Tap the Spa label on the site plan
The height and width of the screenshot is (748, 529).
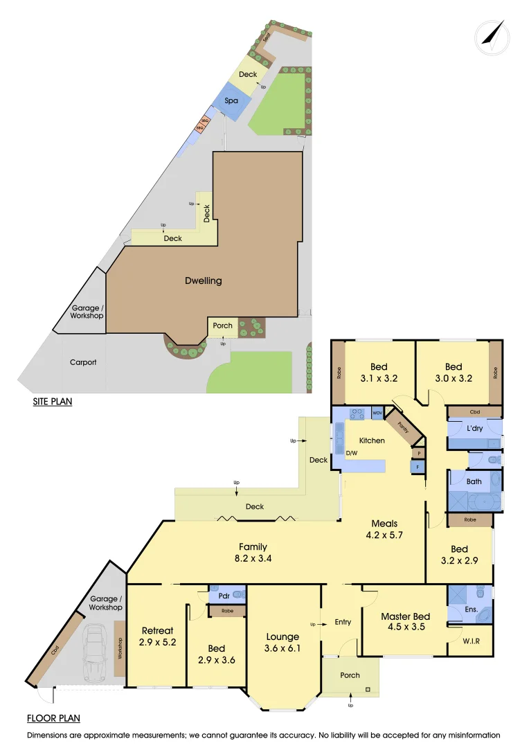231,101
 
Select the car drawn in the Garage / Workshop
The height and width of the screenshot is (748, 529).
94,654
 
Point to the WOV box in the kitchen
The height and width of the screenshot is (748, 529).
377,413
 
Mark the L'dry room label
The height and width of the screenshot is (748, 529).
475,429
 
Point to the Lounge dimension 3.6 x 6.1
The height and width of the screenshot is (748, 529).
283,648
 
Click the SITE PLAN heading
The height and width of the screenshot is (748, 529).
53,401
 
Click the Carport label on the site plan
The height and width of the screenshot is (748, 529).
83,362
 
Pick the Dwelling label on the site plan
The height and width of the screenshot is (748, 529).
204,280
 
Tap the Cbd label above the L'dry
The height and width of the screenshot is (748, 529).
475,411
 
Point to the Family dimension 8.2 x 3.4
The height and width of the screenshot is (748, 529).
253,558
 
